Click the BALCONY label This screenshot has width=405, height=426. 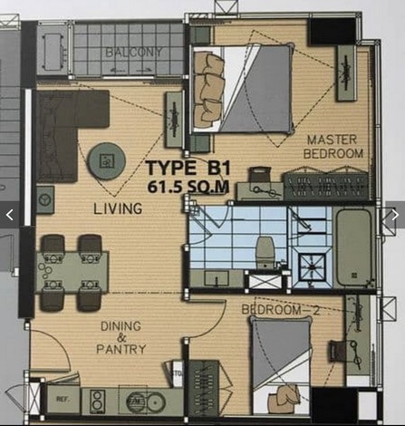click(133, 53)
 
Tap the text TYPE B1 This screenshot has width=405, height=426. click(187, 169)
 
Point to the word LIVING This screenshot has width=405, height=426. click(118, 208)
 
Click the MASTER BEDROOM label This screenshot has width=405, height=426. click(334, 147)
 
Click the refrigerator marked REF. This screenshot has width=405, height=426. click(63, 398)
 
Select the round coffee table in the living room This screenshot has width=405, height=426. click(106, 161)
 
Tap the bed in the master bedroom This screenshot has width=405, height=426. click(243, 89)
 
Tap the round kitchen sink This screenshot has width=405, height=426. click(139, 399)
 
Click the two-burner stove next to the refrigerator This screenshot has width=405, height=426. click(97, 399)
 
